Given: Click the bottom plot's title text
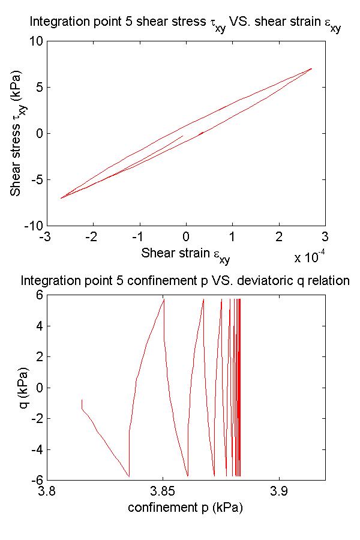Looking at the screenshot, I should coord(185,280).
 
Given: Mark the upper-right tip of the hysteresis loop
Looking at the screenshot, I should coord(311,68).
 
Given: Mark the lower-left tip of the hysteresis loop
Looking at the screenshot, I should coord(61,198).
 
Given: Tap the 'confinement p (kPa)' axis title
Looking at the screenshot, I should coord(185,507).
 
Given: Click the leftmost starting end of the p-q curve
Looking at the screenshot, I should coord(82,400).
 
